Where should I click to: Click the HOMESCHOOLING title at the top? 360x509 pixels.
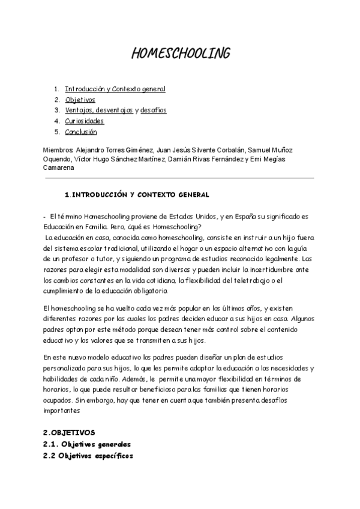coord(180,54)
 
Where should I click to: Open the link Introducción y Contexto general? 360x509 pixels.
coord(115,89)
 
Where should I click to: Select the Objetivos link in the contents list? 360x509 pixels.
coord(80,100)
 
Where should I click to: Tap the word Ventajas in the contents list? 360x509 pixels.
coord(79,110)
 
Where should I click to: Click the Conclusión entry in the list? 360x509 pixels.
coord(81,132)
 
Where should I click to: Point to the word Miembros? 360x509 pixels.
coord(58,149)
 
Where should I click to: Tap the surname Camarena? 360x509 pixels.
coord(59,167)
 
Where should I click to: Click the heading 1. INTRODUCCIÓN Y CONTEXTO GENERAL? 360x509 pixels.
coord(137,195)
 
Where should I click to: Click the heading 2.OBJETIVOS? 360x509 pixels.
coord(69,432)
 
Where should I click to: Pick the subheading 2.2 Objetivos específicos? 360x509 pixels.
coord(88,456)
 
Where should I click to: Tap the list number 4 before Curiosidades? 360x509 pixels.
coord(56,121)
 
